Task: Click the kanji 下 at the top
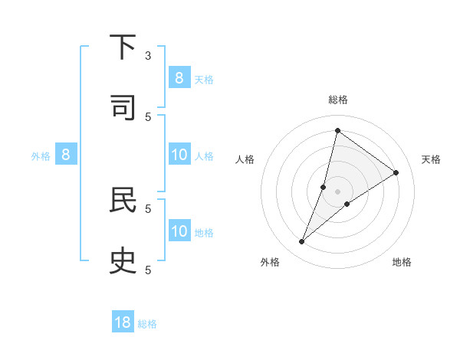tap(123, 47)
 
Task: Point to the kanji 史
tap(123, 260)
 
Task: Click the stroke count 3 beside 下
tap(149, 55)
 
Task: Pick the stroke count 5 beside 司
tap(149, 116)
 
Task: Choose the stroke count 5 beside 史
tap(149, 269)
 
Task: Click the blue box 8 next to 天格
tap(179, 77)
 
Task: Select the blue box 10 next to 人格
tap(179, 155)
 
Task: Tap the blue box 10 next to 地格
tap(179, 231)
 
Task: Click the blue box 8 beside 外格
tap(66, 155)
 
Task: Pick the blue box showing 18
tap(123, 322)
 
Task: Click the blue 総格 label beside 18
tap(147, 324)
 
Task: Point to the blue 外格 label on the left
tap(41, 155)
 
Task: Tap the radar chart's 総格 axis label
tap(337, 100)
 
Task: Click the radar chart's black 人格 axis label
tap(245, 159)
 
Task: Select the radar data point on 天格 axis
tap(396, 172)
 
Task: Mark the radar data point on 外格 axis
tap(302, 242)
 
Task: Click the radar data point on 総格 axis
tap(337, 130)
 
